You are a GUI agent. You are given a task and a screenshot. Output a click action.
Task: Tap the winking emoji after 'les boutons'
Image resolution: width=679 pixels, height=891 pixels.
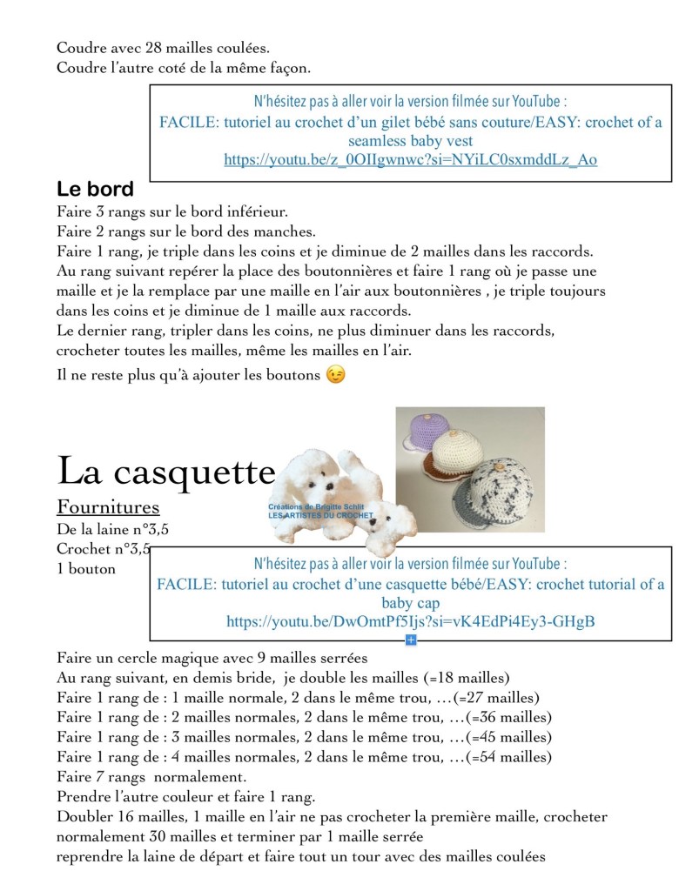pos(334,375)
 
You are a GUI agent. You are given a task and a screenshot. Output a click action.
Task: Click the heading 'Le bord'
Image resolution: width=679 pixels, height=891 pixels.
pos(95,189)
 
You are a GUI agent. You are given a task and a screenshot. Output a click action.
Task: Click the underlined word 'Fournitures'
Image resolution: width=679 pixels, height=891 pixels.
pos(108,506)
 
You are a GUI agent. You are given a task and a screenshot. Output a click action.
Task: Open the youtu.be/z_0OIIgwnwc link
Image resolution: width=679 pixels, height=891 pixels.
pos(410,159)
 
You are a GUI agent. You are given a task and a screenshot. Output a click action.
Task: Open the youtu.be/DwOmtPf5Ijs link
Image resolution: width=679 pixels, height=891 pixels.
pos(410,622)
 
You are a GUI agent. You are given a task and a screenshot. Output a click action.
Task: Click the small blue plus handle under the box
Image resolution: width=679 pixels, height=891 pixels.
pos(411,640)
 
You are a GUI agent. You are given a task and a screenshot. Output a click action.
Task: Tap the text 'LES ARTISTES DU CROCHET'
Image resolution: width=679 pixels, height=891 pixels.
pos(320,516)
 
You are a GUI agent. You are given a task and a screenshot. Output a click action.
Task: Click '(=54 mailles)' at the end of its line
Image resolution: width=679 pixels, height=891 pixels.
pos(509,757)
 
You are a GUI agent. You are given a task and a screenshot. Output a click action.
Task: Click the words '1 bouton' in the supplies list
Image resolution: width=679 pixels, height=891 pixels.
pos(85,568)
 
